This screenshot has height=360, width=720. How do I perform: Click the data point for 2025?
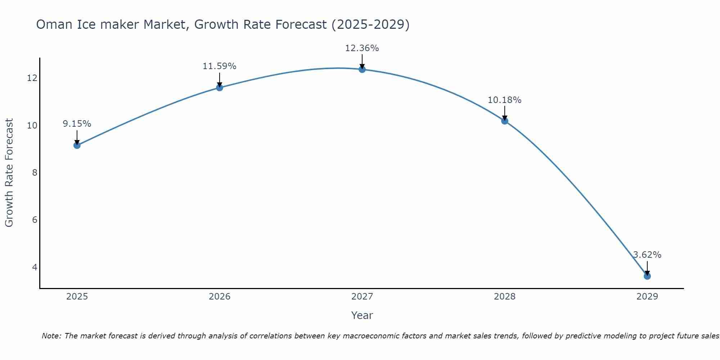(77, 145)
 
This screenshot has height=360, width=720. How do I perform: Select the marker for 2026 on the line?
(219, 87)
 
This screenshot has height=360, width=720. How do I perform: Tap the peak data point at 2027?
(362, 69)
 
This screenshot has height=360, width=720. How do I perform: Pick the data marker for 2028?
(504, 121)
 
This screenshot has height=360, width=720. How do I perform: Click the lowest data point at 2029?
(647, 276)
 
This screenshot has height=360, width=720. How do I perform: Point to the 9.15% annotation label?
(77, 124)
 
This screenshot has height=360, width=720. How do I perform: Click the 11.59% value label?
(219, 66)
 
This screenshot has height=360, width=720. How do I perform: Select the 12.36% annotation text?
(362, 48)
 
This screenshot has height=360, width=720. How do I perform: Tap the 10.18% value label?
(504, 100)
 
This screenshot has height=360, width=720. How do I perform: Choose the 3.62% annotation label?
(647, 255)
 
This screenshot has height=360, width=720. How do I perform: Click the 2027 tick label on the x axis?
(362, 297)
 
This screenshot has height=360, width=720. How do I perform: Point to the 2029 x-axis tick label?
(647, 297)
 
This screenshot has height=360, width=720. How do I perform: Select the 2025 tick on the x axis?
(77, 297)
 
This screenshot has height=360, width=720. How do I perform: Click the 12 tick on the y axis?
(32, 78)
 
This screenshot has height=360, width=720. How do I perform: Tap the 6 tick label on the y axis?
(35, 220)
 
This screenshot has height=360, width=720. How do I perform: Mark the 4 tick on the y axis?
(35, 267)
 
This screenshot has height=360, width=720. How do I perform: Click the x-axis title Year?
(362, 315)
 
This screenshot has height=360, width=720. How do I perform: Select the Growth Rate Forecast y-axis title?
(9, 173)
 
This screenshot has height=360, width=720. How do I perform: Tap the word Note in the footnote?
(51, 336)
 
